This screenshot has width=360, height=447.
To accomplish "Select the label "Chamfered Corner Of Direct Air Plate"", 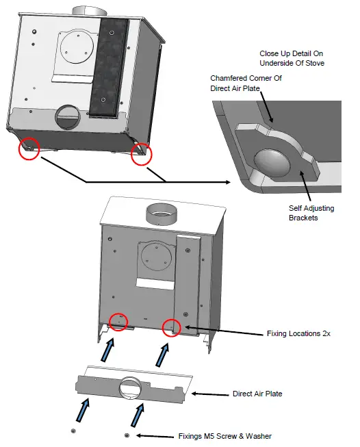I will click(x=246, y=84).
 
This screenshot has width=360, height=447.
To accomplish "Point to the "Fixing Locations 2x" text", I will click(x=299, y=334).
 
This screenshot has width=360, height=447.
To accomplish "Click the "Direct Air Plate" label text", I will click(x=257, y=394).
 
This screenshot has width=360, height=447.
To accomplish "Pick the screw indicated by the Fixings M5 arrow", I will click(x=127, y=435).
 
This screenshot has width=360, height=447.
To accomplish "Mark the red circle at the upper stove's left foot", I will click(x=29, y=147).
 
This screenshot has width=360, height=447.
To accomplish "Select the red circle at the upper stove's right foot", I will click(x=141, y=155).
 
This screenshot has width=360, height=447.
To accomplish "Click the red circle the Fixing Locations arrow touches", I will click(x=171, y=328).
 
